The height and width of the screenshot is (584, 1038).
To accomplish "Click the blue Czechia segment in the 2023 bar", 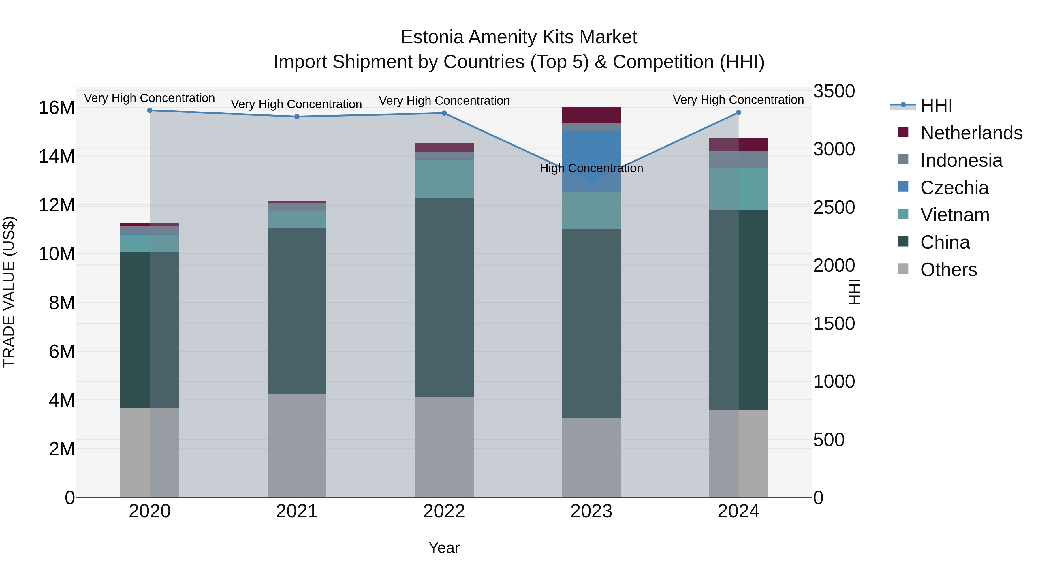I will (x=591, y=153).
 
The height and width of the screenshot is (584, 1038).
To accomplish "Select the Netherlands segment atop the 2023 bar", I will (x=591, y=115).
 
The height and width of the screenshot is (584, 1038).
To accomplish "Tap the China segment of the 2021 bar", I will (x=297, y=310).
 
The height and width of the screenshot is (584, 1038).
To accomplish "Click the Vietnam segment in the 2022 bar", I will (x=444, y=179).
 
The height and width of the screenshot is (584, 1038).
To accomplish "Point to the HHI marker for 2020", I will (x=149, y=110).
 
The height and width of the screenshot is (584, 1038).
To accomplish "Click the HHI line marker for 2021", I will (x=297, y=117).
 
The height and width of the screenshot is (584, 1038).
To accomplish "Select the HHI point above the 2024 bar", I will (x=738, y=112).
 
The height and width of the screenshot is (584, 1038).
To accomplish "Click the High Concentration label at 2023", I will (x=591, y=168).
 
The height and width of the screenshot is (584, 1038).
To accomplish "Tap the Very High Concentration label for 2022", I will (x=444, y=100).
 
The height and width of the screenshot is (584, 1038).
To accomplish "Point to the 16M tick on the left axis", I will (x=57, y=108).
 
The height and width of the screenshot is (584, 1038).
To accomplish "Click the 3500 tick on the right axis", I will (x=834, y=91).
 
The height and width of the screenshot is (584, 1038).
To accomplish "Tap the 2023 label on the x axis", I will (x=591, y=511).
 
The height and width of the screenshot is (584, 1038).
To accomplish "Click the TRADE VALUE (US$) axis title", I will (x=9, y=292).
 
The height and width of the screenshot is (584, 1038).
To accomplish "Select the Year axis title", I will (x=444, y=548).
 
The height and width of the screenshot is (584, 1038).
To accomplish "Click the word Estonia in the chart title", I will (x=432, y=37).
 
